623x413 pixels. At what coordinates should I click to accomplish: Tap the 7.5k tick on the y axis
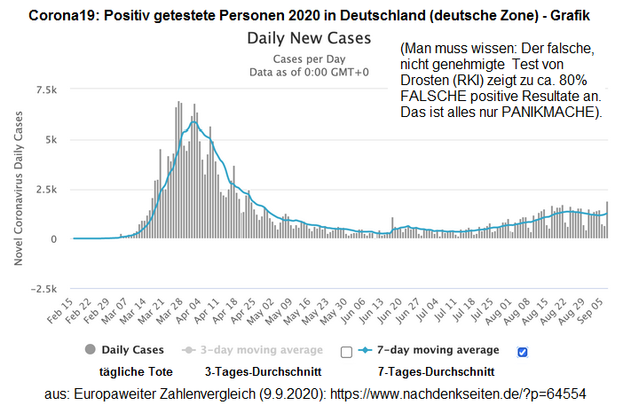46,90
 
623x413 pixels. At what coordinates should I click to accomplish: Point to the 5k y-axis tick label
51,140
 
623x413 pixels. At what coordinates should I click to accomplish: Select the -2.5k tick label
44,289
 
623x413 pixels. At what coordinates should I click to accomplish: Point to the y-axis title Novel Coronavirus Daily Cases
19,190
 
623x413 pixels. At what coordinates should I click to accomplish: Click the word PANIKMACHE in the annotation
551,112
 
